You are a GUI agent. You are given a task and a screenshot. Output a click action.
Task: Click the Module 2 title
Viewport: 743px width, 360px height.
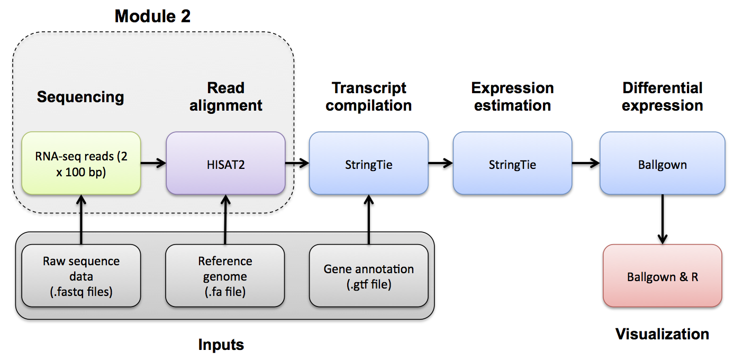click(152, 16)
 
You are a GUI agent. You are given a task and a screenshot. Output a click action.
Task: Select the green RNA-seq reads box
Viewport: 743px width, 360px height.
click(81, 164)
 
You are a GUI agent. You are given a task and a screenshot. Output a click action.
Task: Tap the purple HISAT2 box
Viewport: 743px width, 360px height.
click(225, 165)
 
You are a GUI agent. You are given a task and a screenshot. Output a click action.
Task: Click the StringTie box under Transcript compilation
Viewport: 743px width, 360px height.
click(368, 165)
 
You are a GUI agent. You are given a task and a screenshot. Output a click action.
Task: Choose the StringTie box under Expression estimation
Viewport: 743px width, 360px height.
click(512, 165)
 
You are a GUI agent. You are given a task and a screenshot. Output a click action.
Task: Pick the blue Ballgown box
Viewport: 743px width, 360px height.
click(662, 165)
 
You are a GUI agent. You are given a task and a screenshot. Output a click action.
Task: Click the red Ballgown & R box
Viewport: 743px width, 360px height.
click(662, 276)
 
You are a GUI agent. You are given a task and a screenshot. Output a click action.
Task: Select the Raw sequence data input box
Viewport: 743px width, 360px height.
click(81, 276)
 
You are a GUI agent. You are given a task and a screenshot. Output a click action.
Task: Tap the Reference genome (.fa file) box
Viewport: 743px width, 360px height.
click(225, 276)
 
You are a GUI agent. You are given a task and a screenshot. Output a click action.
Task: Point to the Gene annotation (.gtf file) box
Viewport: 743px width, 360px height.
click(368, 276)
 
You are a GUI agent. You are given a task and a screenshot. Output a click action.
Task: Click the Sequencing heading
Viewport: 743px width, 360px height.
click(80, 97)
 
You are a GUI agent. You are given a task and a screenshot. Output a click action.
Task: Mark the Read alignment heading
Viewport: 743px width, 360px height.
click(226, 96)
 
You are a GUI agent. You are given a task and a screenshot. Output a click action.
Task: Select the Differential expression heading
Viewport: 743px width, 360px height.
click(662, 96)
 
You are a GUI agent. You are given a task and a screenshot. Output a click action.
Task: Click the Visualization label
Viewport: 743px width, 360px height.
click(662, 334)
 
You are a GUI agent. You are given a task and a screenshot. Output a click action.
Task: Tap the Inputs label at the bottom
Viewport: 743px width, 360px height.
click(221, 345)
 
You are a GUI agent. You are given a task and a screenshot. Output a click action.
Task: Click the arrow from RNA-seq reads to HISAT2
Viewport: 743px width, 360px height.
click(153, 164)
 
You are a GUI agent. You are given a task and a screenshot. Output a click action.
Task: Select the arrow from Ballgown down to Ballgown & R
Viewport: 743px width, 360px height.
click(663, 219)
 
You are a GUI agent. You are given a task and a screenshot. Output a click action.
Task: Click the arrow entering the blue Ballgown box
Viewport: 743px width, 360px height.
click(586, 164)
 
